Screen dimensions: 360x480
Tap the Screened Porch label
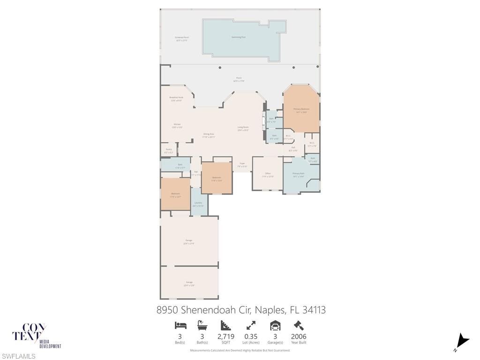[181, 39]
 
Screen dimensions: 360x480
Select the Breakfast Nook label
[176, 99]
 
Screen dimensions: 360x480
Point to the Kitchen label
[177, 126]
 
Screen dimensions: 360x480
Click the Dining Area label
[209, 135]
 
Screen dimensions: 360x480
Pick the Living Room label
[243, 128]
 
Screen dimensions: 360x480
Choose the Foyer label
[242, 165]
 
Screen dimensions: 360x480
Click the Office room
[268, 175]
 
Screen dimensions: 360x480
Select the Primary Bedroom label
[301, 110]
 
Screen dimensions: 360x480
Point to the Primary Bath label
[299, 175]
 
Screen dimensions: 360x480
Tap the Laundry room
[198, 204]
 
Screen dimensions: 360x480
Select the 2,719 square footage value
[226, 337]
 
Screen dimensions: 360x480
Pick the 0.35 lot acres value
[251, 337]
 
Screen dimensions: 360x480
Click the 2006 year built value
[299, 337]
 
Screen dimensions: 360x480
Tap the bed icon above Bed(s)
[180, 325]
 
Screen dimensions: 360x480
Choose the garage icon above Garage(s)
[275, 325]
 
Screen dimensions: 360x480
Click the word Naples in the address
[270, 310]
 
